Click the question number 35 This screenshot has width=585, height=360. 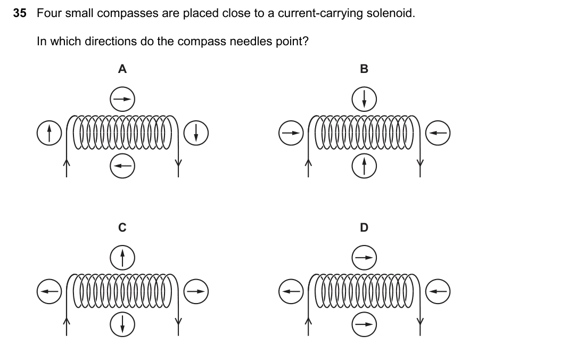(20, 13)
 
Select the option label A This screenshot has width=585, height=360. (122, 69)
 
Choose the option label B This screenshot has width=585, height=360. (364, 69)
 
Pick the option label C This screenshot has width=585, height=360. (122, 227)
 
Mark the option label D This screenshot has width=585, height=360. (364, 227)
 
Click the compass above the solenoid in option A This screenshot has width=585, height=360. (122, 100)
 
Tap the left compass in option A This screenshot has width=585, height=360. (50, 133)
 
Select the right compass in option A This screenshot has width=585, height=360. (196, 133)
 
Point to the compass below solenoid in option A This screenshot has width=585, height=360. (122, 166)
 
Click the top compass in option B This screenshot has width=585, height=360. (364, 100)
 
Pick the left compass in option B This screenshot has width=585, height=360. (291, 133)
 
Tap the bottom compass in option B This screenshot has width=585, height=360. (364, 166)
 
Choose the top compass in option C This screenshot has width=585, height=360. (122, 258)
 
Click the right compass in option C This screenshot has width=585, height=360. (196, 292)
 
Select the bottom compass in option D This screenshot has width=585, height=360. (364, 324)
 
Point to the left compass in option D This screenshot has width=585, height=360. (291, 292)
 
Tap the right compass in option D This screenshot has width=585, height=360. (438, 292)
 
